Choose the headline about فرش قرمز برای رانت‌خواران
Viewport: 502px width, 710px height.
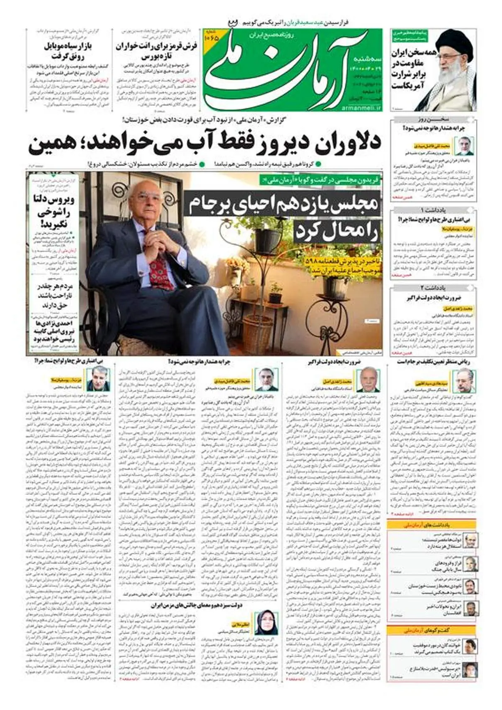[x=157, y=51]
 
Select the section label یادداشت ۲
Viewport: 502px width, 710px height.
[x=434, y=288]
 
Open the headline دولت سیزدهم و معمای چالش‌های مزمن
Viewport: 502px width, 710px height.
[x=196, y=605]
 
